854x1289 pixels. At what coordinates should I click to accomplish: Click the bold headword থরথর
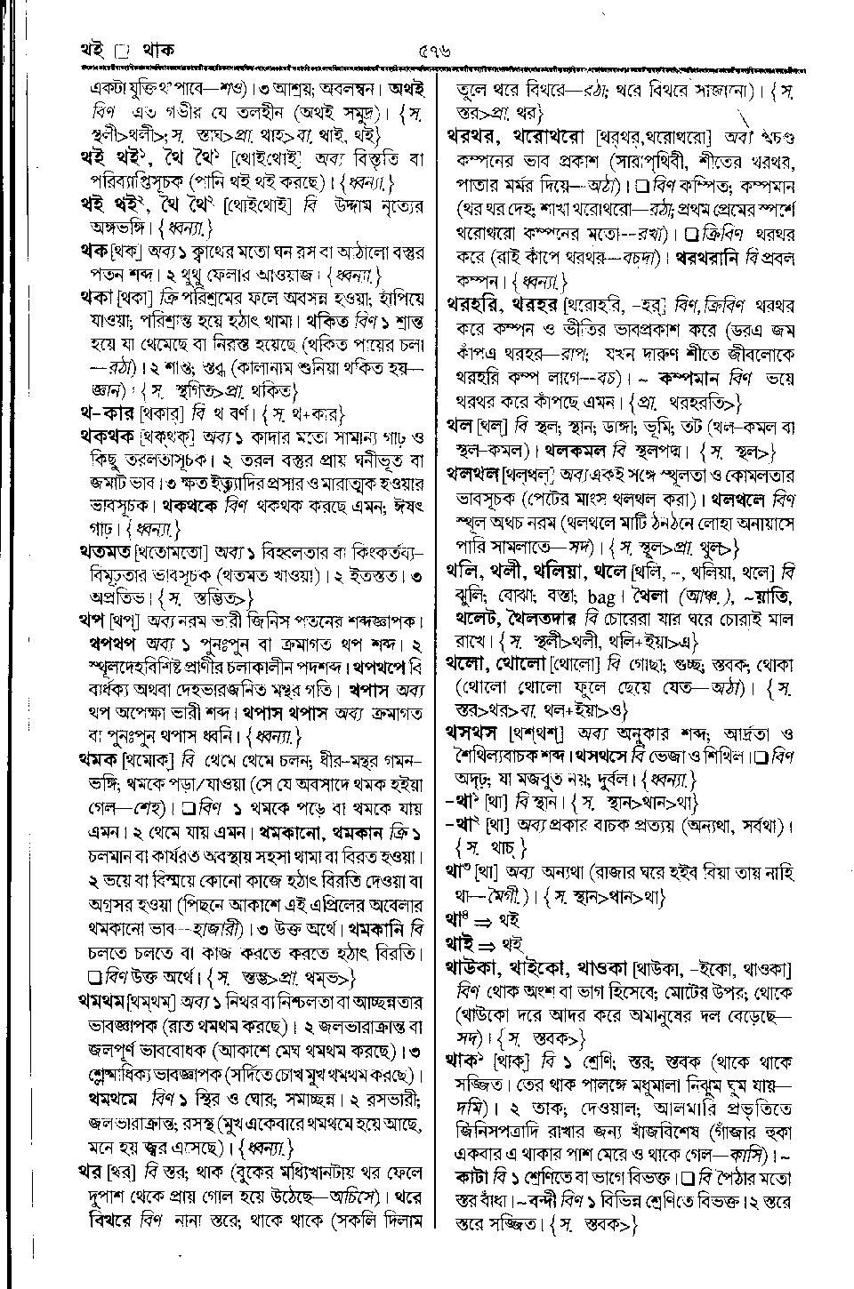pyautogui.click(x=482, y=137)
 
